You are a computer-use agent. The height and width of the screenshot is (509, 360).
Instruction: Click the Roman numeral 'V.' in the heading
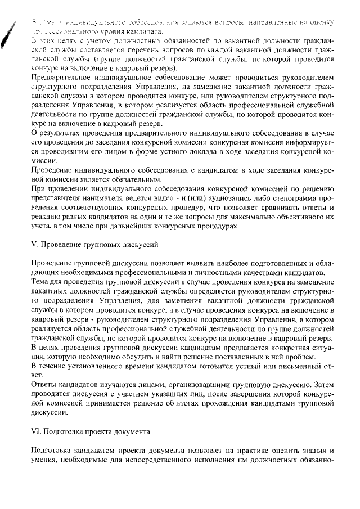pyautogui.click(x=33, y=245)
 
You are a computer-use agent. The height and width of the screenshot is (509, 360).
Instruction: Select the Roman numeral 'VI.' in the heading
pyautogui.click(x=35, y=433)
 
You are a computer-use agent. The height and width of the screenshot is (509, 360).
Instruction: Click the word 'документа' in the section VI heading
pyautogui.click(x=133, y=433)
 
